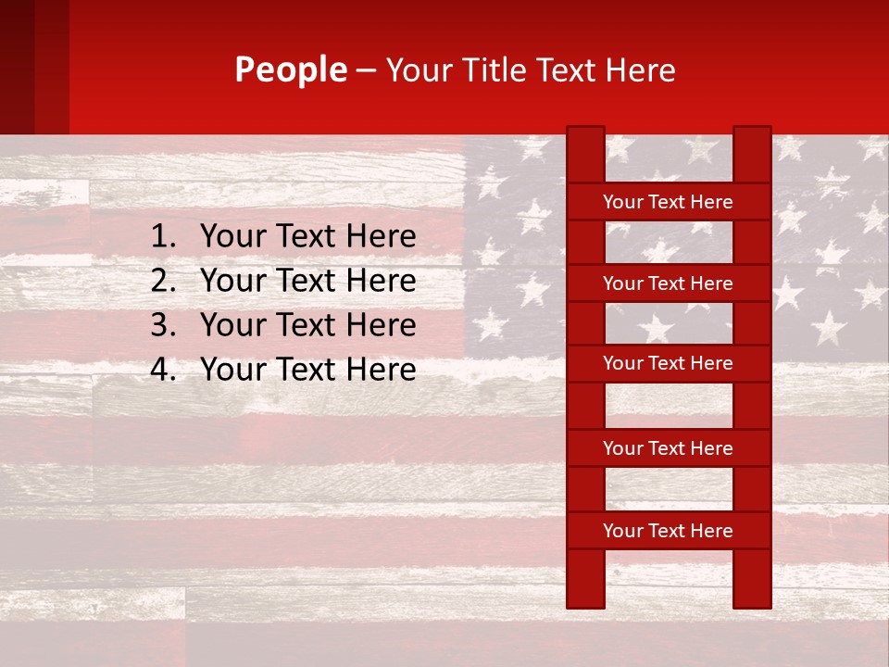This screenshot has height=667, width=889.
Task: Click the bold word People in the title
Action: pyautogui.click(x=291, y=70)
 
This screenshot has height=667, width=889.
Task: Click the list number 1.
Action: pyautogui.click(x=162, y=237)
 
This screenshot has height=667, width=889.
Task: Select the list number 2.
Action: pyautogui.click(x=162, y=281)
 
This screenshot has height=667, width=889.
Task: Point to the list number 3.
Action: pyautogui.click(x=162, y=325)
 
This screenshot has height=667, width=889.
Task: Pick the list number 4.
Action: pyautogui.click(x=162, y=370)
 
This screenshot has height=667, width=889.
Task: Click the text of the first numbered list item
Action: pyautogui.click(x=307, y=237)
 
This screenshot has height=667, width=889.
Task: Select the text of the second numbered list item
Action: pyautogui.click(x=307, y=281)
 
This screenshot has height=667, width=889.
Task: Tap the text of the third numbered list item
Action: pyautogui.click(x=307, y=325)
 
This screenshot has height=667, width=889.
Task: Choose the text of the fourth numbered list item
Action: pyautogui.click(x=307, y=370)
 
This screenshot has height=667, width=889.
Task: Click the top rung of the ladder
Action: pyautogui.click(x=668, y=202)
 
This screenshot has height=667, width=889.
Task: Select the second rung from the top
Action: pyautogui.click(x=668, y=283)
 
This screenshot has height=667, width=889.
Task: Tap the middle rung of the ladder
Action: pyautogui.click(x=668, y=364)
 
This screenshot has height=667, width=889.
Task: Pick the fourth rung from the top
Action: pyautogui.click(x=668, y=448)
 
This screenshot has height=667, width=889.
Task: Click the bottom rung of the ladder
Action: pyautogui.click(x=668, y=531)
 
